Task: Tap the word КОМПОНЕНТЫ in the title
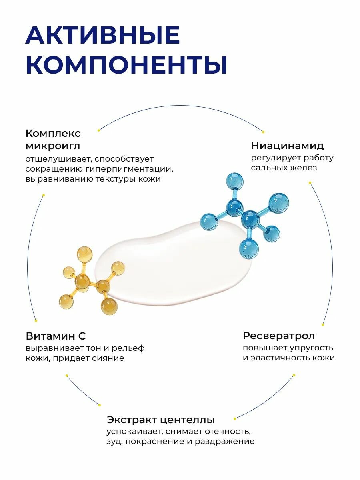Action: pos(126,66)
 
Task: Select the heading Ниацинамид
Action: pos(287,146)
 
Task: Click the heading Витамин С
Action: pos(56,336)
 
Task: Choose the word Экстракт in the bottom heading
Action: pos(132,420)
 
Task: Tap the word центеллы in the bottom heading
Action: pos(188,420)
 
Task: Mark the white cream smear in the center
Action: pos(176,264)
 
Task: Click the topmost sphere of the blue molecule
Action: pos(235,181)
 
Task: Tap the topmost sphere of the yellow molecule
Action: pos(84,254)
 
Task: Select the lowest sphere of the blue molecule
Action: pos(248,248)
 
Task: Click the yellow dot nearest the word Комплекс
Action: pos(99,130)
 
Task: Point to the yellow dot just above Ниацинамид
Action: pos(263,131)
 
